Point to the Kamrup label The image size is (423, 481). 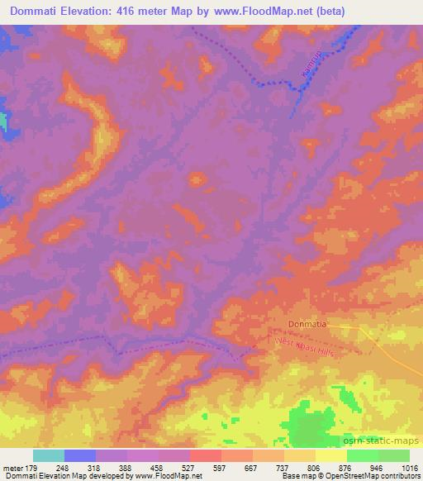click(x=308, y=69)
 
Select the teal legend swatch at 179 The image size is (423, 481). click(x=49, y=455)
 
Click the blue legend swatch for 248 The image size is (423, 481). click(x=80, y=455)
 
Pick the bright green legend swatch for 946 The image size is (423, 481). click(x=363, y=455)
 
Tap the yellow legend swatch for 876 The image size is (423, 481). click(x=331, y=455)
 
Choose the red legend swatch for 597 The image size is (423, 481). click(x=206, y=455)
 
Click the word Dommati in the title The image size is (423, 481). click(x=36, y=12)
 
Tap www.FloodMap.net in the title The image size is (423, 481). click(x=256, y=12)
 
